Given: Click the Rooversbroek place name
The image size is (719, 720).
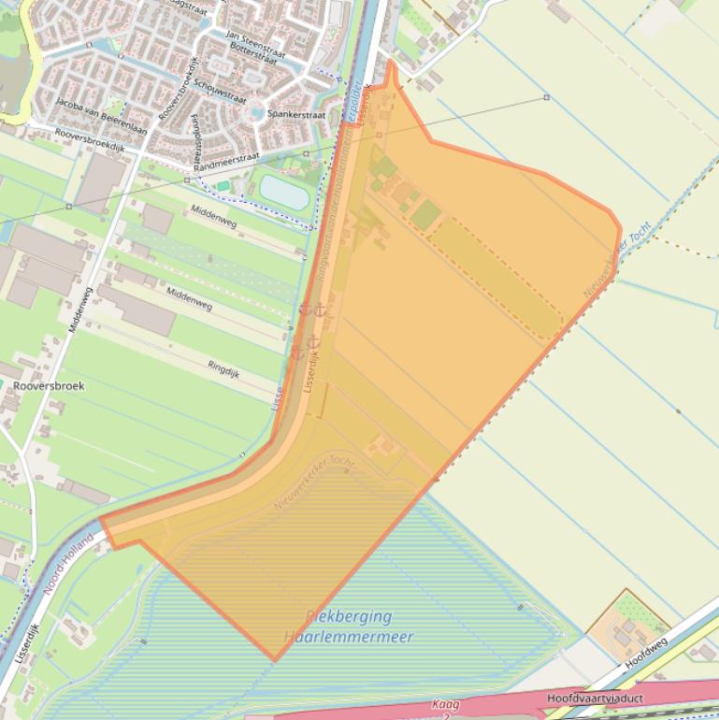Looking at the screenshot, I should [49, 385].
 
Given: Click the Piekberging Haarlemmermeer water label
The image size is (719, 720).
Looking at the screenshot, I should [348, 626].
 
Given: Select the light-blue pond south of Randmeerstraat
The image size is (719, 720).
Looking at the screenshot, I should [284, 192].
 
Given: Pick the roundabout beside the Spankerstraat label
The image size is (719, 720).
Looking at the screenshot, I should [256, 112].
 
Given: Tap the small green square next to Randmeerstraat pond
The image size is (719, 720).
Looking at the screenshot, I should [223, 186].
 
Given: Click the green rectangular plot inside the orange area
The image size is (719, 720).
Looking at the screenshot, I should [425, 215].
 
